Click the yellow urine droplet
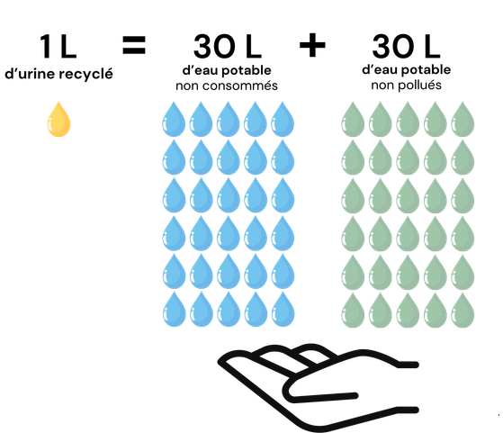[x=58, y=120]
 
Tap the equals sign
[x=134, y=45]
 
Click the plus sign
[x=312, y=45]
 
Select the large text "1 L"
[x=58, y=47]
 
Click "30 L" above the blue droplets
[x=228, y=47]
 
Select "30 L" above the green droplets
[x=406, y=47]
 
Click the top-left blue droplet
[x=174, y=120]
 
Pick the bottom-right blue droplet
[x=283, y=309]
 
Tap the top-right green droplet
[x=463, y=120]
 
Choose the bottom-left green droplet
[x=353, y=310]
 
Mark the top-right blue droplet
[x=283, y=120]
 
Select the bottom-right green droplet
[x=463, y=310]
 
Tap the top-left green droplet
[x=353, y=120]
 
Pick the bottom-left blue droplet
[x=175, y=309]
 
